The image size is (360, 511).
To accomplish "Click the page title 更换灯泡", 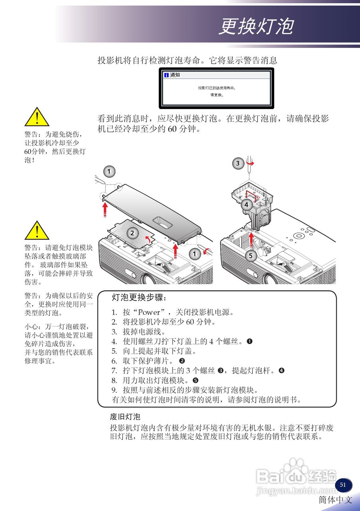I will click(x=256, y=27).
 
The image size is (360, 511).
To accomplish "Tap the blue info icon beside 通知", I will click(x=166, y=75).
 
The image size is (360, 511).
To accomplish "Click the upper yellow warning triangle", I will click(x=37, y=117).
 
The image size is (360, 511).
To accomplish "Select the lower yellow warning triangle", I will click(x=37, y=230).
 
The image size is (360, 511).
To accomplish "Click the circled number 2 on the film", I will click(x=133, y=233).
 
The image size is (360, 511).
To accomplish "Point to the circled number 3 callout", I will click(x=238, y=163).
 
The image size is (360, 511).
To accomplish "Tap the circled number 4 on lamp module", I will click(x=247, y=205).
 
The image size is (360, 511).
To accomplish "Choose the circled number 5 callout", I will click(x=251, y=256).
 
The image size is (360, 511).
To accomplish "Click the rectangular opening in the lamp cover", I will click(x=162, y=220).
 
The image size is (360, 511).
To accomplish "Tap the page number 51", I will click(x=343, y=485).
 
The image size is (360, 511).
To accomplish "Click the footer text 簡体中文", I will click(x=336, y=500).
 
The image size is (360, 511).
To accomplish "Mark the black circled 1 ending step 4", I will click(x=249, y=341).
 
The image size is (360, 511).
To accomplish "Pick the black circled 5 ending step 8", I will click(x=195, y=380).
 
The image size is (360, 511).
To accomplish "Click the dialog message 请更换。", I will click(x=217, y=95).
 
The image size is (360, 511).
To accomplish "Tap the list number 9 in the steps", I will click(x=114, y=390).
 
